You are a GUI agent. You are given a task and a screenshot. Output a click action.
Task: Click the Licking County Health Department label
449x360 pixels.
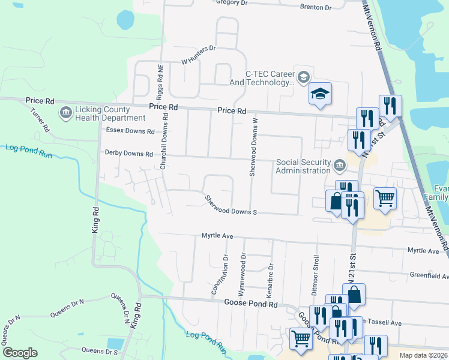pyautogui.click(x=102, y=113)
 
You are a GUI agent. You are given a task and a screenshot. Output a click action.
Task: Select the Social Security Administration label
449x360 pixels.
pyautogui.click(x=303, y=166)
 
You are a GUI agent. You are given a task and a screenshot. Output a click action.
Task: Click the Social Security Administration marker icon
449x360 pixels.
pyautogui.click(x=339, y=164)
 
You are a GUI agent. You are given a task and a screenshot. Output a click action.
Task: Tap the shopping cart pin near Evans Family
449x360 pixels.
pyautogui.click(x=385, y=197)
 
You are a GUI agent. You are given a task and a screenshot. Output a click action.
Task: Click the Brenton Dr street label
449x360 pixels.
pyautogui.click(x=316, y=7)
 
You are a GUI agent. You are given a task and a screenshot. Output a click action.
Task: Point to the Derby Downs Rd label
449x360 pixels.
pyautogui.click(x=128, y=154)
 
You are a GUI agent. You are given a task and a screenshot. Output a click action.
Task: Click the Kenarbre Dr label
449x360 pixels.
pyautogui.click(x=271, y=274)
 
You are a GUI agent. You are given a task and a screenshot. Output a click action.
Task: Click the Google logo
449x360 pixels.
pyautogui.click(x=20, y=353)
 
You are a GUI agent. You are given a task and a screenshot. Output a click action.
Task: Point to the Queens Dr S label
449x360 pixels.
pyautogui.click(x=99, y=350)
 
